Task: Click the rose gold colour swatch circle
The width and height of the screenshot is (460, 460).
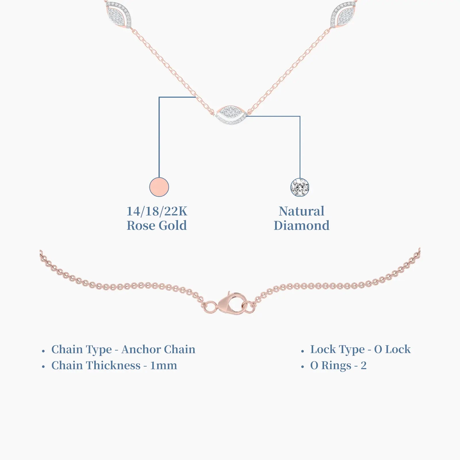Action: coord(159,187)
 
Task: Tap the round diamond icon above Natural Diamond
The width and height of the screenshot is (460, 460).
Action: coord(300,187)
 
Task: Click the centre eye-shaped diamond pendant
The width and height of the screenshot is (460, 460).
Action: coord(231,115)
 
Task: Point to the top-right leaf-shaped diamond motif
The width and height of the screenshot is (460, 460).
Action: coord(344,14)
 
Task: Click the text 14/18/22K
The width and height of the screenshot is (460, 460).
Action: coord(157,211)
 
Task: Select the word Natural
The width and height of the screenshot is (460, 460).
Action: coord(302,211)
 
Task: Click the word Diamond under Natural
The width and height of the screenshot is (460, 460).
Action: coord(302,226)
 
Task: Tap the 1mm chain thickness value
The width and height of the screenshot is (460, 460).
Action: coord(164,366)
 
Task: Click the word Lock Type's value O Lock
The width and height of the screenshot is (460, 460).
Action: coord(392,350)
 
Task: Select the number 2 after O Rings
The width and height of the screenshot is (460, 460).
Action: coord(364,366)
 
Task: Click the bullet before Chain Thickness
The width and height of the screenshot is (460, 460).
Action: coord(43,367)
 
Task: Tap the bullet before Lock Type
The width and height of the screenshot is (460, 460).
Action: coord(302,351)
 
